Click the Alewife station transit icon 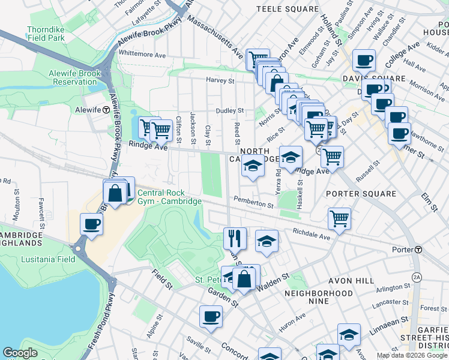click(106, 110)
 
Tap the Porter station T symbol click(418, 250)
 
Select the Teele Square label click(287, 9)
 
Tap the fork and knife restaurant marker click(235, 238)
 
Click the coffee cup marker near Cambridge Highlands click(92, 224)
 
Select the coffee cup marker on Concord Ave click(211, 317)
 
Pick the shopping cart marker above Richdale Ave click(339, 218)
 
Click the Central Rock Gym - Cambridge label click(169, 197)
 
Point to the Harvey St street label click(220, 80)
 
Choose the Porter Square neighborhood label click(361, 194)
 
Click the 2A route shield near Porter click(417, 277)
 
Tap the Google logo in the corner click(20, 353)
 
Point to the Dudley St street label click(230, 110)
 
